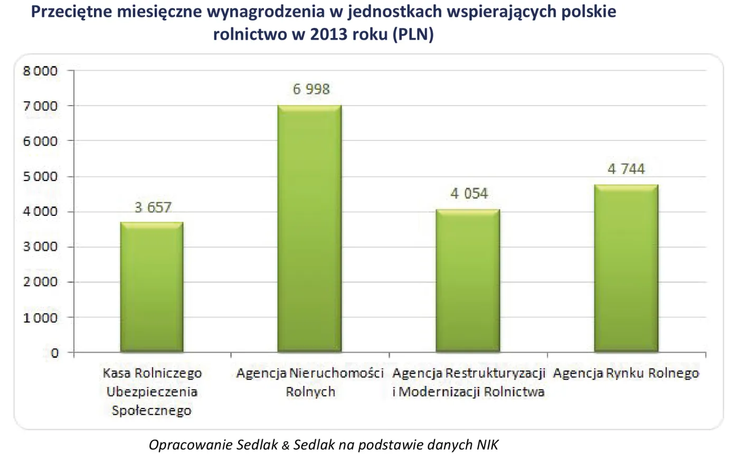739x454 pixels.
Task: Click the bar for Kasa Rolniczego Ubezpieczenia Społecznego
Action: [151, 287]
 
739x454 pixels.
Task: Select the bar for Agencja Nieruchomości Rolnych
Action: [310, 229]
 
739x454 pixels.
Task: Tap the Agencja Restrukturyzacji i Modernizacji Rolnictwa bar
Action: [468, 281]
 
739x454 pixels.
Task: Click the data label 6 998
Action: [311, 89]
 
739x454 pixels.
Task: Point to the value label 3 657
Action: [153, 207]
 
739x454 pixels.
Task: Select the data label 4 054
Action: [469, 193]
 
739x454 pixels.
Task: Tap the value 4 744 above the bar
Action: [626, 169]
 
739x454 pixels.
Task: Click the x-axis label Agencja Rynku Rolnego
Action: [626, 374]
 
